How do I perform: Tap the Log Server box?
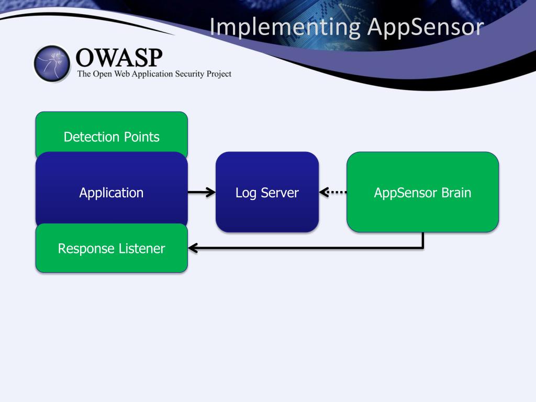[x=267, y=192]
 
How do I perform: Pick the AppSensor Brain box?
[x=422, y=192]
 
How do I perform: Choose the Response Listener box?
[x=111, y=248]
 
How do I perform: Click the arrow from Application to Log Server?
[x=202, y=192]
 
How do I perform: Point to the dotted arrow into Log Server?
[x=333, y=192]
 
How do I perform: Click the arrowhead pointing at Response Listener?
[x=193, y=248]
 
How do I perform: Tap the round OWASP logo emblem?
[x=52, y=63]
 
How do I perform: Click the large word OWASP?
[x=119, y=58]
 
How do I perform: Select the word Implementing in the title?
[x=285, y=27]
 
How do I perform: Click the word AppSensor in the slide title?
[x=426, y=27]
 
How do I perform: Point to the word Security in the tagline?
[x=189, y=74]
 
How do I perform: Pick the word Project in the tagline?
[x=219, y=74]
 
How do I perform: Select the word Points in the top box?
[x=141, y=137]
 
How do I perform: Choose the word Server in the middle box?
[x=280, y=193]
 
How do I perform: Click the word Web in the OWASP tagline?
[x=121, y=74]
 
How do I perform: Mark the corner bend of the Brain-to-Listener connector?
[x=423, y=248]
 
